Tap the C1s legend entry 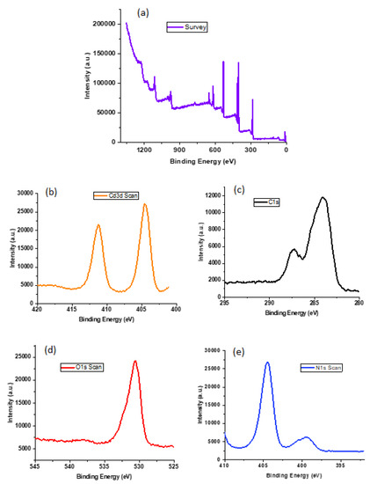pos(264,202)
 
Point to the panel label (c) pos(233,202)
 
